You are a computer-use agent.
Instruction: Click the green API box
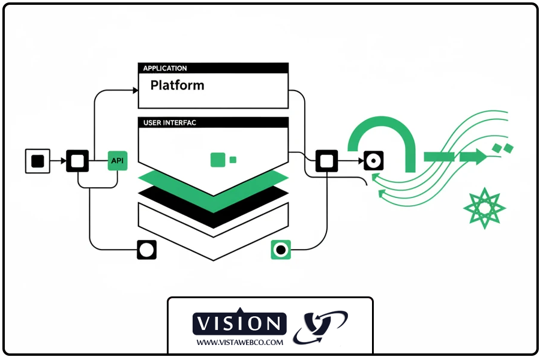coord(118,161)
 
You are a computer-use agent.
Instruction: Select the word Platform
coord(177,85)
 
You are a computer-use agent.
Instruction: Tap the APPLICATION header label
coord(165,68)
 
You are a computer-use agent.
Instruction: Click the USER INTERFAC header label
coord(170,122)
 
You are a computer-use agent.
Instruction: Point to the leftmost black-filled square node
coord(37,161)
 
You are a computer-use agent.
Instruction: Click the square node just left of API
coord(77,161)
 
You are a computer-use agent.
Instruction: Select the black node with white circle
coord(146,250)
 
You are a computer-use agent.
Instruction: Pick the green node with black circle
coord(281,250)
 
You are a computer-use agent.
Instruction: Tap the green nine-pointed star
coord(484,208)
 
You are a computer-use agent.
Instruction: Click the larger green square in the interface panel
coord(218,160)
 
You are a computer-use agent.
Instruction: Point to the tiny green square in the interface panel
coord(233,160)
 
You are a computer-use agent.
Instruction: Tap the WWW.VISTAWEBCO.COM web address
coord(239,342)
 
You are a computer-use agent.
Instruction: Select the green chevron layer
coord(213,187)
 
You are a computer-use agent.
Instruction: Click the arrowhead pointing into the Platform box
coord(135,91)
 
